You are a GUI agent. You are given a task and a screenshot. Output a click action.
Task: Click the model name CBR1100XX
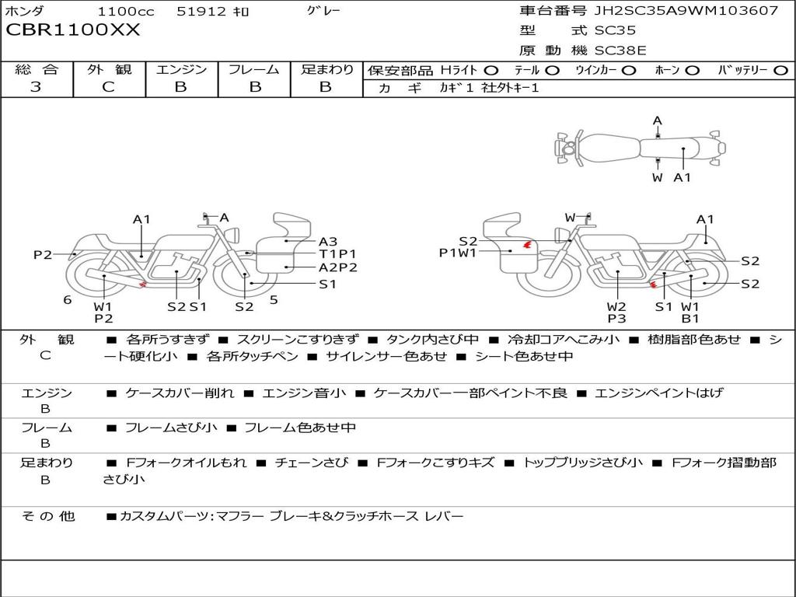pyautogui.click(x=72, y=30)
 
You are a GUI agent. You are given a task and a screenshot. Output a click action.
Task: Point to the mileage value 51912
pyautogui.click(x=201, y=11)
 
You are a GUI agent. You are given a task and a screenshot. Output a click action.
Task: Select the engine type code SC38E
pyautogui.click(x=620, y=51)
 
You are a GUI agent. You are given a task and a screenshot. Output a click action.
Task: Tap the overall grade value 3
pyautogui.click(x=36, y=86)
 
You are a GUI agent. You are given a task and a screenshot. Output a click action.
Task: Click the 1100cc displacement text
pyautogui.click(x=126, y=11)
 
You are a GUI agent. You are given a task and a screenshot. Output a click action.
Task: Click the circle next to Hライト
pyautogui.click(x=491, y=71)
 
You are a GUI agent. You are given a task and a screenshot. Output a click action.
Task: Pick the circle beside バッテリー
pyautogui.click(x=780, y=71)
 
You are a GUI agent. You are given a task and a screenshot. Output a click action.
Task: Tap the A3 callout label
pyautogui.click(x=328, y=241)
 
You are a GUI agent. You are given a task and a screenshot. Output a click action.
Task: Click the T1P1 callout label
pyautogui.click(x=337, y=253)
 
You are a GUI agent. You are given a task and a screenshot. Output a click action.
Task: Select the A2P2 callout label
pyautogui.click(x=337, y=267)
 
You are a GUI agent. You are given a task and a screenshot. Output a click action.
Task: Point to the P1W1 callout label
pyautogui.click(x=457, y=253)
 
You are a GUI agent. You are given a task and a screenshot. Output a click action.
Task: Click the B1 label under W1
pyautogui.click(x=690, y=318)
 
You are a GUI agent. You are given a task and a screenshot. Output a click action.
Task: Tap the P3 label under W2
pyautogui.click(x=616, y=318)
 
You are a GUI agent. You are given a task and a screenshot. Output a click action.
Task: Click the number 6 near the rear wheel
pyautogui.click(x=67, y=300)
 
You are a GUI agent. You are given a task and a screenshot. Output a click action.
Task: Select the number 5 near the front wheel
pyautogui.click(x=274, y=300)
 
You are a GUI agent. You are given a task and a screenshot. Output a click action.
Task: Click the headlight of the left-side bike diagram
pyautogui.click(x=233, y=235)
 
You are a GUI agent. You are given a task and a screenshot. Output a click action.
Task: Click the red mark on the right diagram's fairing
pyautogui.click(x=528, y=245)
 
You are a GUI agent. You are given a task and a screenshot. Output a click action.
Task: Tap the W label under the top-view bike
pyautogui.click(x=657, y=178)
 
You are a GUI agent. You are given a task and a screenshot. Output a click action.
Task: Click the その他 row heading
pyautogui.click(x=47, y=516)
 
